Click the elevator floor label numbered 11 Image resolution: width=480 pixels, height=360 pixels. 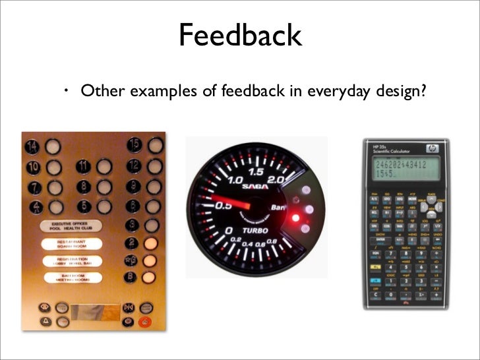pyautogui.click(x=83, y=166)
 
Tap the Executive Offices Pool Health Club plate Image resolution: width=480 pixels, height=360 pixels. pyautogui.click(x=71, y=225)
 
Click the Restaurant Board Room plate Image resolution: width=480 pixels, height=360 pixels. pyautogui.click(x=71, y=244)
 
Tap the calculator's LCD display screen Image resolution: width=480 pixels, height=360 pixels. pyautogui.click(x=400, y=171)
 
